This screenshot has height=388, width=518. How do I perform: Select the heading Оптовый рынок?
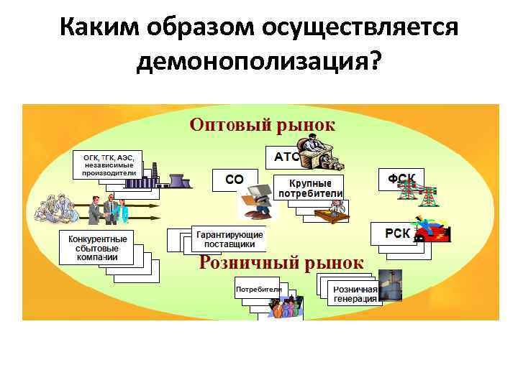point(262,124)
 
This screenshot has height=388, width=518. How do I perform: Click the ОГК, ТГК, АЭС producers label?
point(108,165)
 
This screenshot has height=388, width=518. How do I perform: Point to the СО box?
point(234,180)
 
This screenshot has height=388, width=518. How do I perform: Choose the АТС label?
point(286,156)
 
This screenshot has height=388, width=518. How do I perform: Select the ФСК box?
point(401,178)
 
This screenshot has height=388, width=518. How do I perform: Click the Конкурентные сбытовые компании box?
point(97,248)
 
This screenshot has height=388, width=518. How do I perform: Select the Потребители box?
point(258,289)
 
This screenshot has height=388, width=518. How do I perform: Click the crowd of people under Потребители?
point(286,307)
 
